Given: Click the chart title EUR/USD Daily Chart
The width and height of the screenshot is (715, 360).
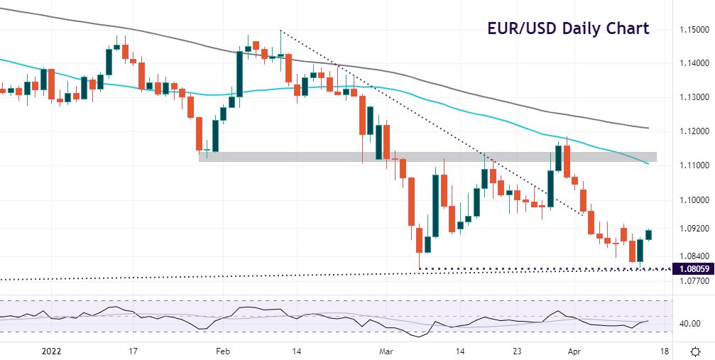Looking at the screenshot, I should [x=567, y=29].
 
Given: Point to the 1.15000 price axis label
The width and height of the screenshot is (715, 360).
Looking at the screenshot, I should [x=692, y=31].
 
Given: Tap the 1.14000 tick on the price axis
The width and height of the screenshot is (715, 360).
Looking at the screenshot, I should [x=692, y=64].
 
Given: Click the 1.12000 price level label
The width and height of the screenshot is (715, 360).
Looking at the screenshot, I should [x=692, y=132].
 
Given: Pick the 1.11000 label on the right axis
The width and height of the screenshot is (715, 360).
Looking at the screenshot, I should [x=692, y=165].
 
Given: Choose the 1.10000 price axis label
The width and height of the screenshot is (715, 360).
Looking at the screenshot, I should [x=692, y=200].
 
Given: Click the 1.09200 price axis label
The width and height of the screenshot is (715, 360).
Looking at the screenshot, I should [x=692, y=229].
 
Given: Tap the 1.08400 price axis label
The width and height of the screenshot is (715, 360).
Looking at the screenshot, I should [x=692, y=256].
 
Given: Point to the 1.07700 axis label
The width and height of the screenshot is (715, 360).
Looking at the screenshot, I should [x=692, y=281].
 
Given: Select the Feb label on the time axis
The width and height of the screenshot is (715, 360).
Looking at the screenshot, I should [x=223, y=351].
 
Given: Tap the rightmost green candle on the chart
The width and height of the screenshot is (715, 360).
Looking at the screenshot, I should [x=648, y=235].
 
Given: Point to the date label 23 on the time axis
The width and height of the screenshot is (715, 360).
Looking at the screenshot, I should [x=519, y=351].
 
